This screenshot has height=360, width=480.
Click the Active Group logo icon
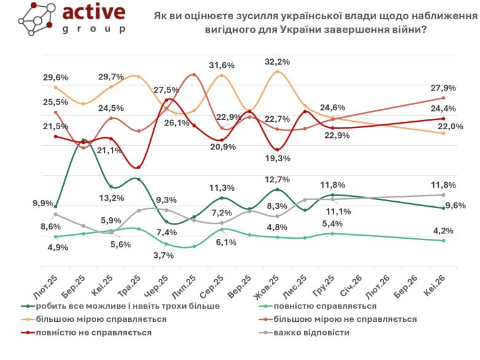coord(36,23)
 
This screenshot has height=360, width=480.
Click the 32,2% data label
coord(277,62)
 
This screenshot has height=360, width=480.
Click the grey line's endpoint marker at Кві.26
coord(443,194)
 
